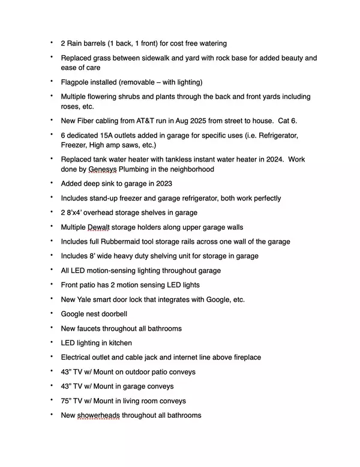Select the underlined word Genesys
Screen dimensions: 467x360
[111, 169]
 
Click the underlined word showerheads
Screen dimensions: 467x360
[98, 415]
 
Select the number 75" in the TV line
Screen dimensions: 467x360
[66, 400]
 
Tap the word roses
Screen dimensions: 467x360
[70, 106]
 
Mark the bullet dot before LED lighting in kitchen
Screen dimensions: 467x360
[52, 343]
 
